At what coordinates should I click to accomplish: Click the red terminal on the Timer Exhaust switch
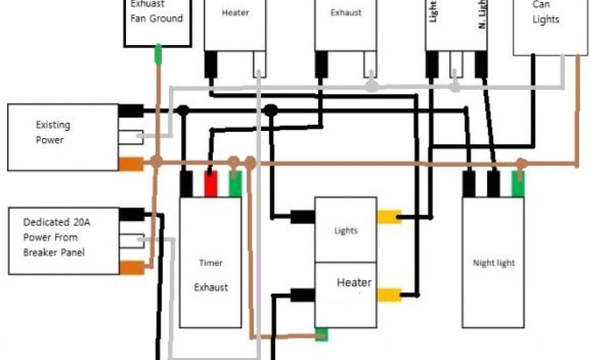point(210,184)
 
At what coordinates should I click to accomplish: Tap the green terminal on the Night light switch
point(517,184)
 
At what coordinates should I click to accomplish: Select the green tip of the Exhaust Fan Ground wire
point(158,54)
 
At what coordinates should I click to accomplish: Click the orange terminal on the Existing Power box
point(131,163)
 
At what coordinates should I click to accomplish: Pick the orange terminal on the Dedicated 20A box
point(132,268)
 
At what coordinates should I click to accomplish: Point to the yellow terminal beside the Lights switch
point(389,216)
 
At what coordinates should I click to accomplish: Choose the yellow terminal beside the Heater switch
point(389,295)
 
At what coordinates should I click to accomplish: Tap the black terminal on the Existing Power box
point(131,110)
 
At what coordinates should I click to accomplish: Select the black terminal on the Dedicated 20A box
point(132,214)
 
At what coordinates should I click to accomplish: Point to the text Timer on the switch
point(210,263)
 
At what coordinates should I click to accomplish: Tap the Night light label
point(494,263)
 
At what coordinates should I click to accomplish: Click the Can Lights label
point(545,12)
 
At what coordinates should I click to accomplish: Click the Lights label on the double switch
point(346,230)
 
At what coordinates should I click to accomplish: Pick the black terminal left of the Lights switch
point(303,216)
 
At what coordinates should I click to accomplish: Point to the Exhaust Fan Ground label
point(157,13)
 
